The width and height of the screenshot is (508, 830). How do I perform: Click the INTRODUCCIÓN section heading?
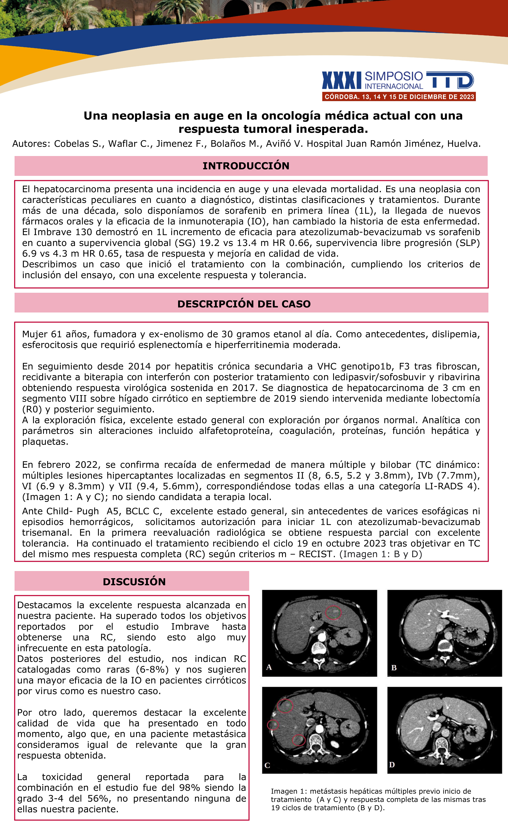point(246,166)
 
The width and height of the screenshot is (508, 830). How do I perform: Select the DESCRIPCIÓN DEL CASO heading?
point(244,304)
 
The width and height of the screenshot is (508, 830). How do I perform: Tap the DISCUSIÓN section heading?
point(134,582)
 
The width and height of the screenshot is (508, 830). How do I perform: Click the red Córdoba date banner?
point(399,97)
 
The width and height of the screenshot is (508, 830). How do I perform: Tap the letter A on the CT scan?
point(269,667)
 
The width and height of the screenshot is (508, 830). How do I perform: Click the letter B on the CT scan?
point(394,668)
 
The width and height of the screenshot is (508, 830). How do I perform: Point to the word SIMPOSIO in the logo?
point(393,76)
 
